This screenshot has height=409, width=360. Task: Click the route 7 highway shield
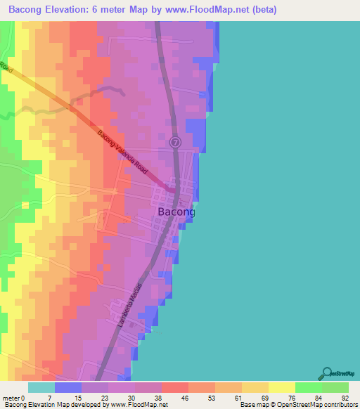click(176, 142)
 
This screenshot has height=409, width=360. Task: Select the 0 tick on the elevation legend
click(24, 397)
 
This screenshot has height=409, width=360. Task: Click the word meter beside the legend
click(11, 397)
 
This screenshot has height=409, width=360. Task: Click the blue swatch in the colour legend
click(67, 387)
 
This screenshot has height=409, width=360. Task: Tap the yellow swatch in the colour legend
click(281, 387)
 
